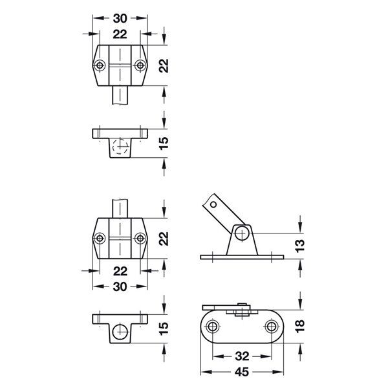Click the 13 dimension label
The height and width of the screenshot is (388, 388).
pos(308,244)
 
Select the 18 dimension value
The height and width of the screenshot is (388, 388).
pos(308,327)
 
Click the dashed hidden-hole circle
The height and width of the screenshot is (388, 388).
pos(119,146)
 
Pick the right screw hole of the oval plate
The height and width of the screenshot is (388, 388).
pos(272,327)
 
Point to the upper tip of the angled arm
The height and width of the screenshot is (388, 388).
pos(210,202)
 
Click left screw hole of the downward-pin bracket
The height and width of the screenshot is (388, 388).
pos(100,66)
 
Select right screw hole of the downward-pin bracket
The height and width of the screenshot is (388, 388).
pos(139,66)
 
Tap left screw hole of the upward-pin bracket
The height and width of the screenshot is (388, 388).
pos(100,239)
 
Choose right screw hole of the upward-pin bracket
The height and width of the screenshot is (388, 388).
pos(139,239)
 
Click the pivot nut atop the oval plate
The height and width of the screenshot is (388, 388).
pos(241,310)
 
